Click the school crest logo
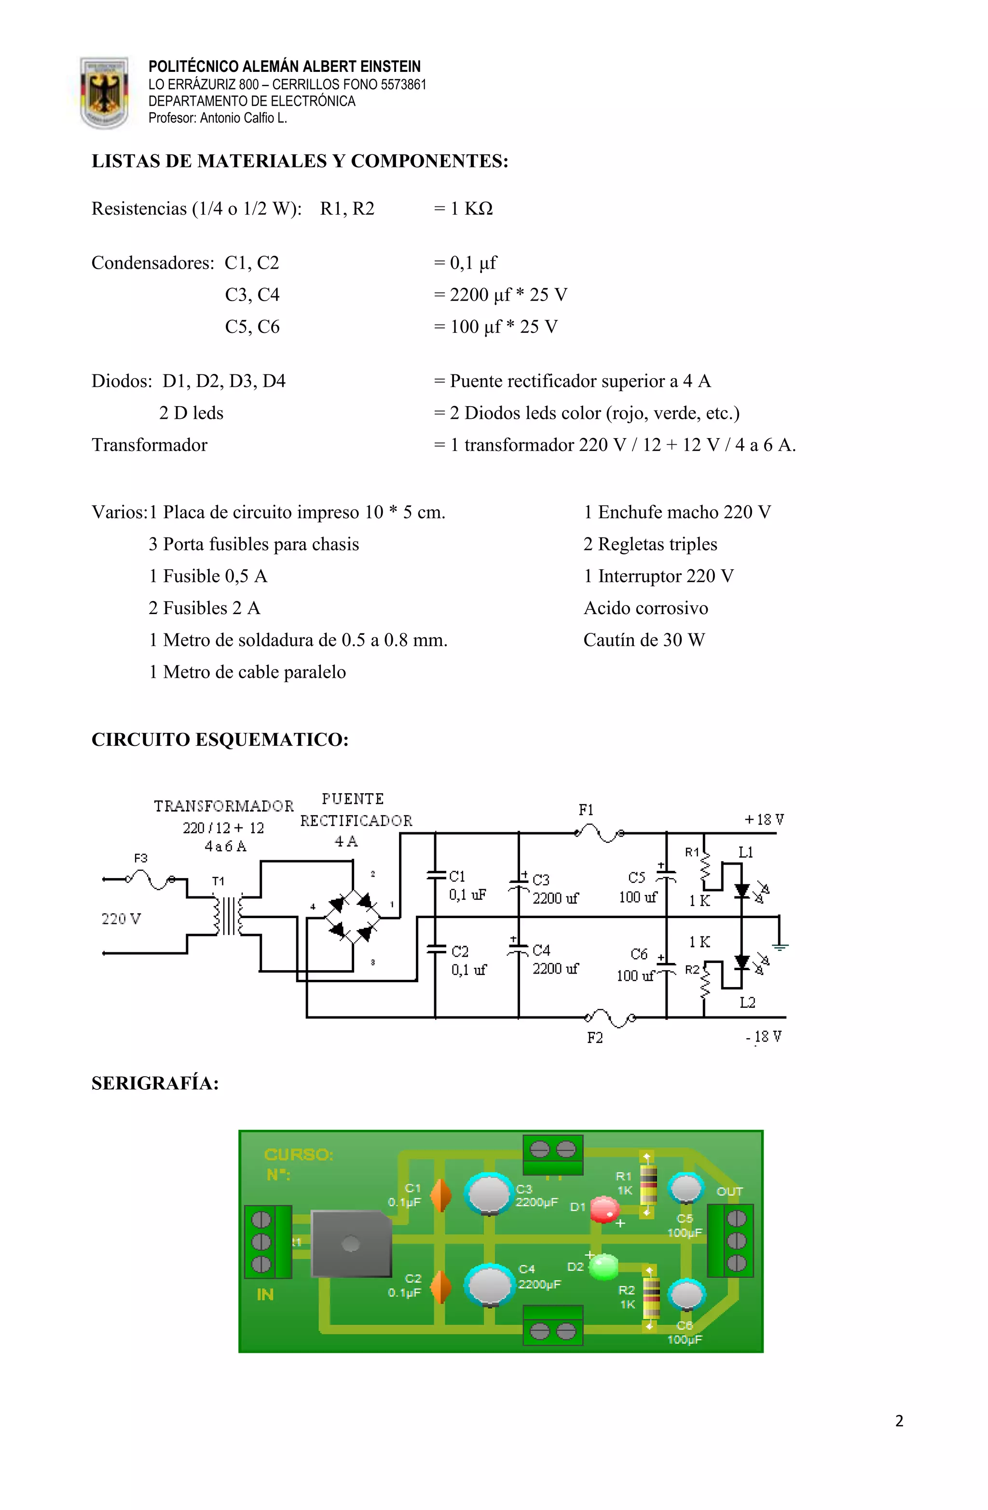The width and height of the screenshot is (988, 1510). [104, 93]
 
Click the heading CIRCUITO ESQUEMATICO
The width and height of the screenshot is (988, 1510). [220, 740]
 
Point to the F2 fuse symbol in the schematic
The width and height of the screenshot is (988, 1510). [609, 1017]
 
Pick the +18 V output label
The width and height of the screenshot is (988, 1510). [764, 820]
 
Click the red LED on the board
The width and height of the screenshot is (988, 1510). [604, 1209]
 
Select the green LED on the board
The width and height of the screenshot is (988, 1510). [604, 1266]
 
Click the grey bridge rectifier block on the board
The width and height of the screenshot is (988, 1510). [351, 1244]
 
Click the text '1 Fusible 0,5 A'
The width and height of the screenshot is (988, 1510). [208, 576]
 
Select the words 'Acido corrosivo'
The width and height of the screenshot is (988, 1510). [645, 608]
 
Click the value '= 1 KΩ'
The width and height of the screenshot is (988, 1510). [463, 209]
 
